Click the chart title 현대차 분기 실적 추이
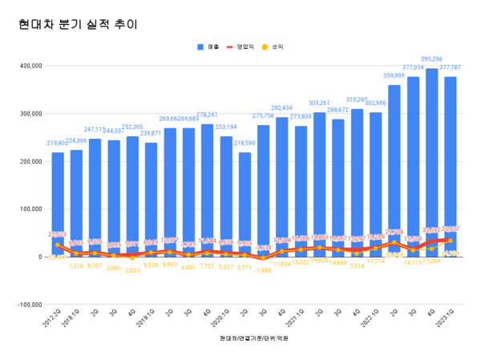pyautogui.click(x=78, y=24)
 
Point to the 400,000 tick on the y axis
pyautogui.click(x=29, y=66)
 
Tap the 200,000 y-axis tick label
pyautogui.click(x=29, y=161)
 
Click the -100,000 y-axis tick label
pyautogui.click(x=28, y=305)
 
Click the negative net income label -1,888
pyautogui.click(x=263, y=270)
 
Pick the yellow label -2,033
pyautogui.click(x=131, y=270)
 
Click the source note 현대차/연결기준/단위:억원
pyautogui.click(x=253, y=338)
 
